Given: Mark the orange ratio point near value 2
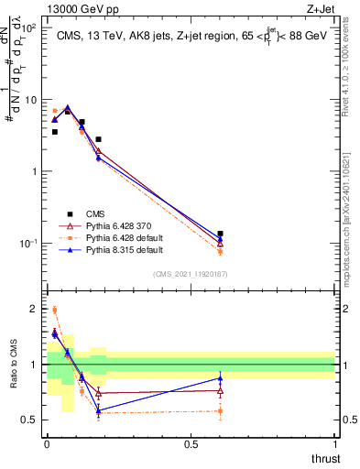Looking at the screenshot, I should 54,310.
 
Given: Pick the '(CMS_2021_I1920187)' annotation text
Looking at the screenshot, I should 191,273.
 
